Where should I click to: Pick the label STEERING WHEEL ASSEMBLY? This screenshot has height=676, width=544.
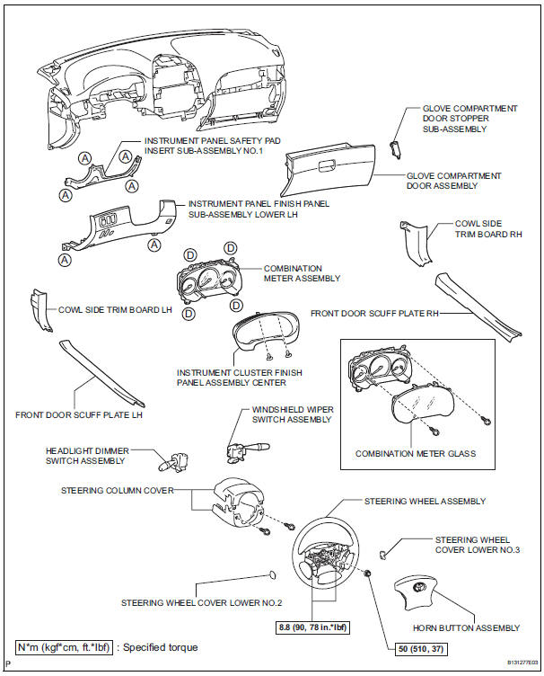(x=425, y=501)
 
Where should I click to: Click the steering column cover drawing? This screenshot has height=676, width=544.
(x=236, y=504)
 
